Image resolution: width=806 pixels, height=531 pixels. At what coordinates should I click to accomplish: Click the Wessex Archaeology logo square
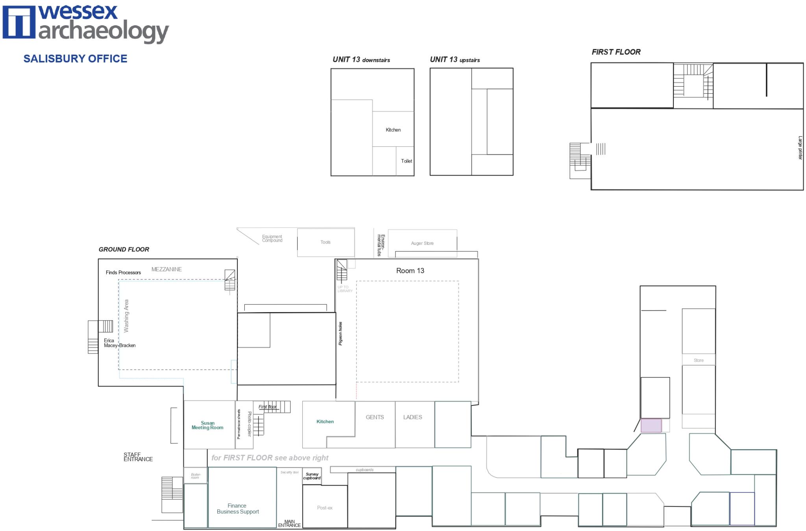[x=18, y=22]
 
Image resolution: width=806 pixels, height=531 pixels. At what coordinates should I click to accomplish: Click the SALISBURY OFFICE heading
[x=75, y=59]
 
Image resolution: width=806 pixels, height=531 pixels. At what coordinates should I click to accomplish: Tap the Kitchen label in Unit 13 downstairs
[x=393, y=130]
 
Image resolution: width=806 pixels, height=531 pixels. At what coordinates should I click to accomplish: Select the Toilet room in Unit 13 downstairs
[x=406, y=161]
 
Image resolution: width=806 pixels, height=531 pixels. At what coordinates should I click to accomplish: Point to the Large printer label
[x=800, y=148]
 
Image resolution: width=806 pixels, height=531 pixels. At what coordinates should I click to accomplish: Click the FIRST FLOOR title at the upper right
[x=616, y=52]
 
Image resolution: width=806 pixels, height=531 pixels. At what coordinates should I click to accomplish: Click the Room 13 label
[x=410, y=270]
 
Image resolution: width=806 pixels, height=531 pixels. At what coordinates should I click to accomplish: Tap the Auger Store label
[x=422, y=243]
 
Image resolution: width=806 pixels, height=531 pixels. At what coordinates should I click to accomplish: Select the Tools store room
[x=325, y=242]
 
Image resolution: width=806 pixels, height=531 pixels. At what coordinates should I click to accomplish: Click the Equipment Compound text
[x=272, y=239]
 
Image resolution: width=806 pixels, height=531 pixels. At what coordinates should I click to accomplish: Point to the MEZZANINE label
[x=166, y=269]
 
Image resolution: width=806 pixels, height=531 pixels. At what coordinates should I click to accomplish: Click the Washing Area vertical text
[x=126, y=316]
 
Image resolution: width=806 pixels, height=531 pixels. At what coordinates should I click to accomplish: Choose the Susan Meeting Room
[x=208, y=425]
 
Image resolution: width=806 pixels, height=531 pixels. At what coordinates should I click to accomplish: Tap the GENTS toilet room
[x=375, y=423]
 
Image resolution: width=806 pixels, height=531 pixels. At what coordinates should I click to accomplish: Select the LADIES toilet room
[x=412, y=423]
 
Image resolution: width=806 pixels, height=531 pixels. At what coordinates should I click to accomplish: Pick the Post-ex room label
[x=325, y=508]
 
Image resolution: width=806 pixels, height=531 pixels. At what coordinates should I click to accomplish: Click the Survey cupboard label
[x=312, y=476]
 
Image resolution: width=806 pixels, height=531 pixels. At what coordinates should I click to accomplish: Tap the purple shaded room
[x=651, y=426]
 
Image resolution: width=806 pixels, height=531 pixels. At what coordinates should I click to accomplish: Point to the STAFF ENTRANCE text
[x=138, y=457]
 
